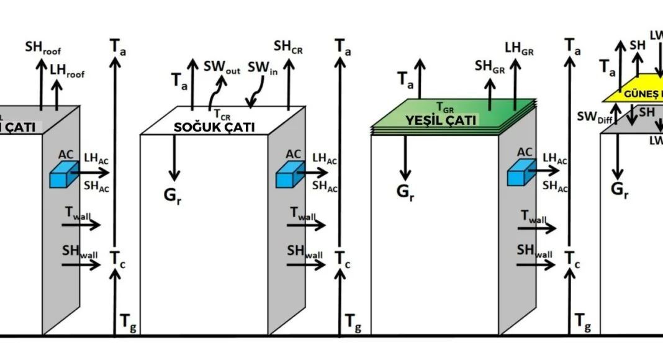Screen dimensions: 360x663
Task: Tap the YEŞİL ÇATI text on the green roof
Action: (x=441, y=120)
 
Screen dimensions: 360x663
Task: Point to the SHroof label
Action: (x=43, y=47)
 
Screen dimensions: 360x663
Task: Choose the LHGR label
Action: (x=518, y=47)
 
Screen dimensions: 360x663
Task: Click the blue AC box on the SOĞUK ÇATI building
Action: (x=287, y=176)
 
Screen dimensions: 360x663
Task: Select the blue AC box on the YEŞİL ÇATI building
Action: (x=518, y=175)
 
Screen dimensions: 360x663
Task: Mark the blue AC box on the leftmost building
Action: (x=63, y=176)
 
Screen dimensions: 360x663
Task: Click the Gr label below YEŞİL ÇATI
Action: (x=405, y=190)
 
